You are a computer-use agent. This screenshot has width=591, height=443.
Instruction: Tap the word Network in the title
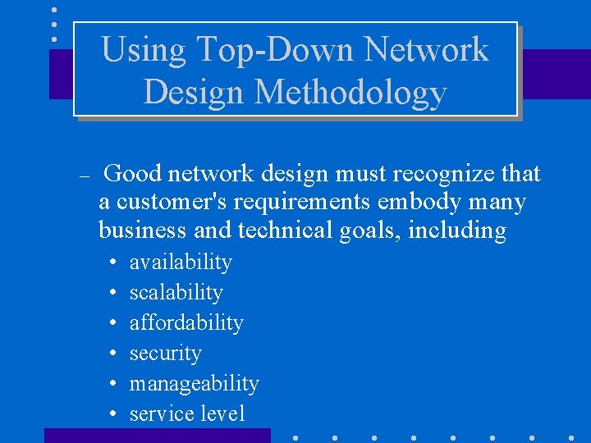(x=426, y=49)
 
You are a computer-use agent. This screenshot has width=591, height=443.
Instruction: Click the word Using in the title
(x=132, y=51)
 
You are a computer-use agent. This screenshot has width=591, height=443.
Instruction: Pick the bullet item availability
(x=181, y=263)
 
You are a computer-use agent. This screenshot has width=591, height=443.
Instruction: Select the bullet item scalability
(x=176, y=293)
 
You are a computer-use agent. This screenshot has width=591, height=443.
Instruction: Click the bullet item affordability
(x=186, y=322)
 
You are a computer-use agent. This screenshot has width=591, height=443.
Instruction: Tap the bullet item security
(x=165, y=354)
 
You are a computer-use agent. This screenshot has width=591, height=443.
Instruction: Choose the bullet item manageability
(x=194, y=383)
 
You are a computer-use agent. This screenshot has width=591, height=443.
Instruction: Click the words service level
(x=187, y=413)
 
